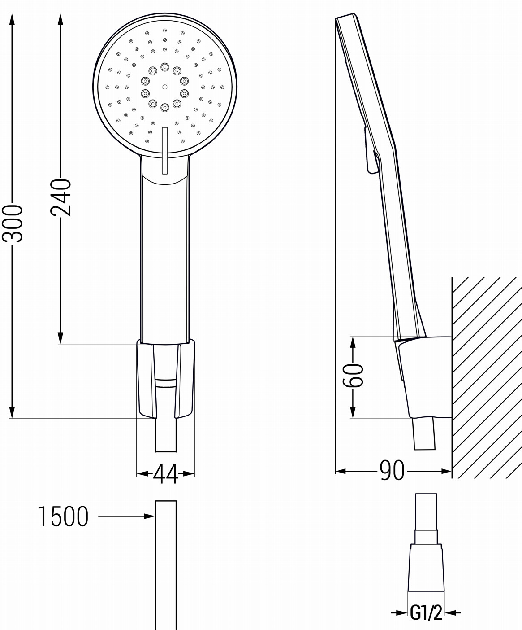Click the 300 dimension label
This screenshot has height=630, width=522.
(x=13, y=223)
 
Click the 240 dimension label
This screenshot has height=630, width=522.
(x=60, y=197)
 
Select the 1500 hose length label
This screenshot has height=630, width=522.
(x=63, y=516)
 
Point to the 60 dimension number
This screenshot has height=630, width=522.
(x=353, y=375)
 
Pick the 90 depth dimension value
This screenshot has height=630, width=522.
(x=392, y=471)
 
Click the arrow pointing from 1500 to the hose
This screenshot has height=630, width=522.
(x=127, y=516)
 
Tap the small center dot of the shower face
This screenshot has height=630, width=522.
(x=164, y=87)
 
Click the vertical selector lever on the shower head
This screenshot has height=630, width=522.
(x=164, y=151)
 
